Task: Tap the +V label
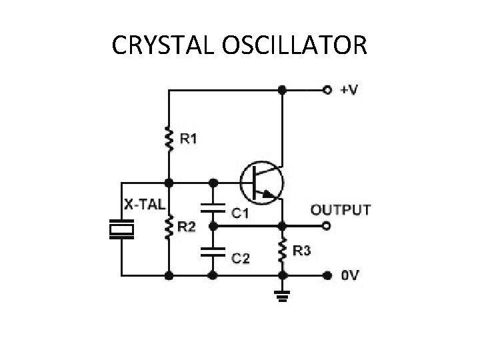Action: (347, 89)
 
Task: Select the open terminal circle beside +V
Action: (327, 89)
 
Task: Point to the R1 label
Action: (189, 139)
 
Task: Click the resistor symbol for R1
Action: (169, 139)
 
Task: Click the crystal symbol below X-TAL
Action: (122, 229)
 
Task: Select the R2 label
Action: (187, 228)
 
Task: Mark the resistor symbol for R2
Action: (169, 227)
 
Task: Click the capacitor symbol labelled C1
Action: (213, 207)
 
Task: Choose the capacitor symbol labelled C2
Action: (213, 252)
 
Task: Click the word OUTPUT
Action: (341, 210)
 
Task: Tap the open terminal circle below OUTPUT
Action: (327, 227)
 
